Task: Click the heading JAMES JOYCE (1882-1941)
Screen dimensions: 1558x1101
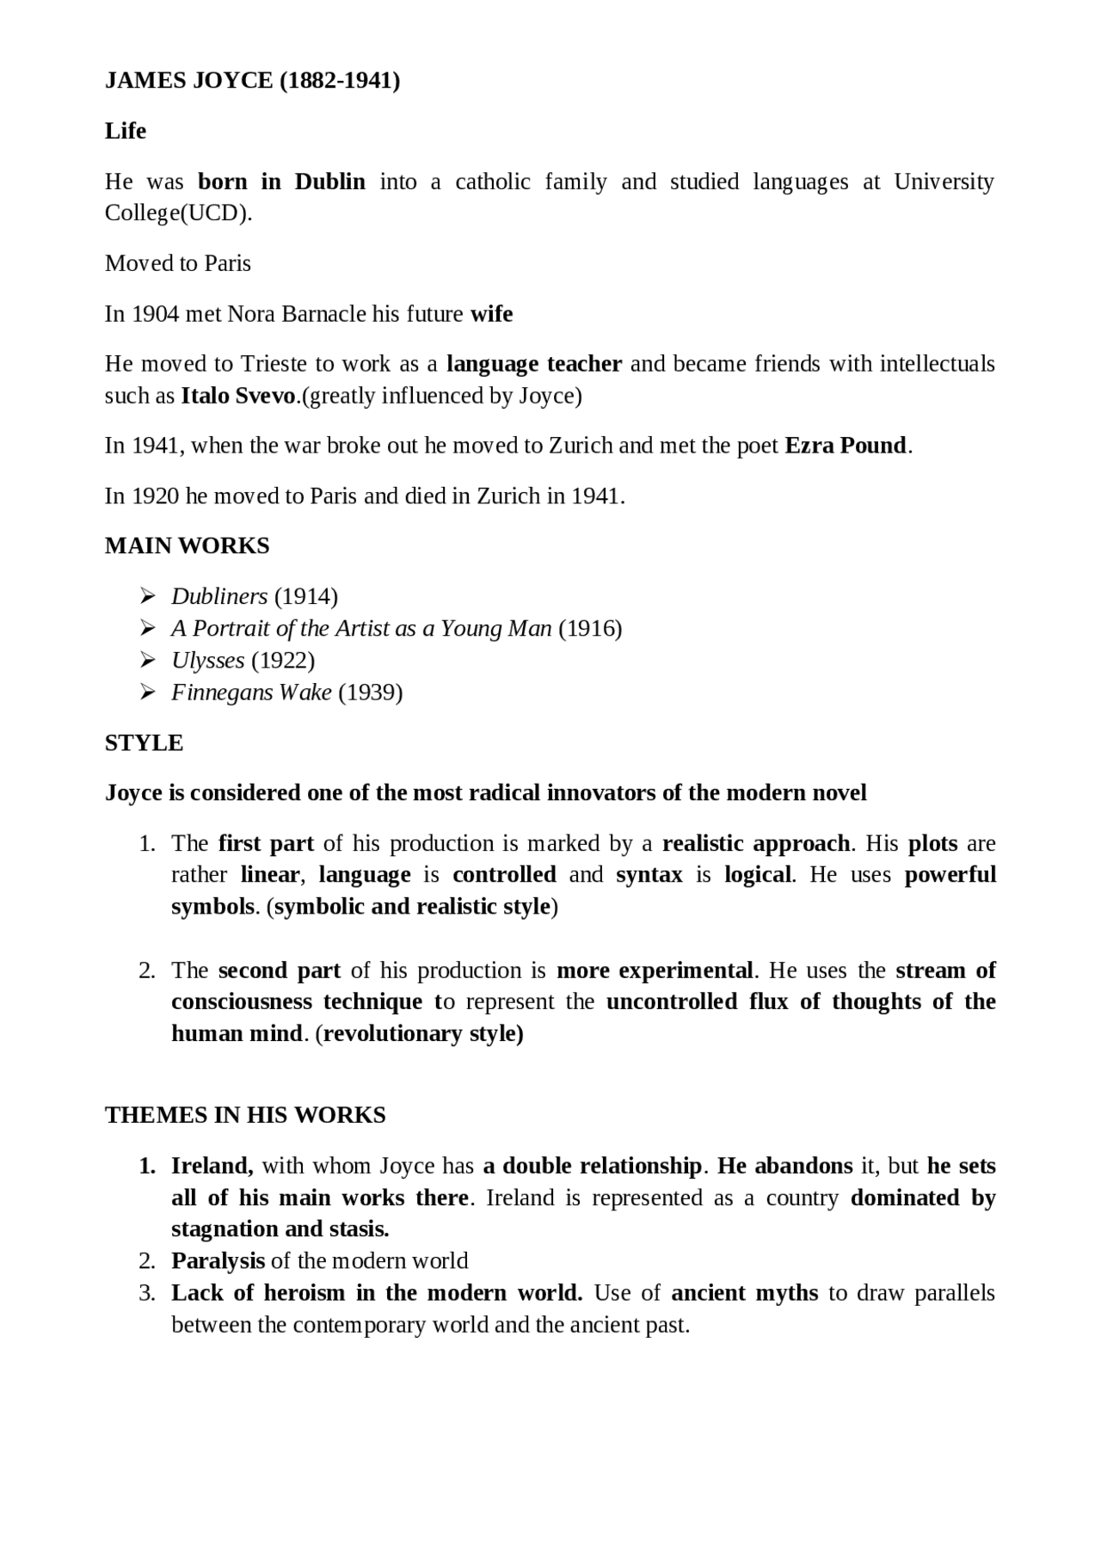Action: [x=252, y=81]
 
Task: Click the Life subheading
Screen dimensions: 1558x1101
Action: [x=126, y=131]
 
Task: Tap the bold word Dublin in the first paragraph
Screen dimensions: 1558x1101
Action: [x=329, y=182]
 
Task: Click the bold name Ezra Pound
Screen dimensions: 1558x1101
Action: [x=846, y=446]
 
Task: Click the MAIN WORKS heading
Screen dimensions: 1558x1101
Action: [x=187, y=546]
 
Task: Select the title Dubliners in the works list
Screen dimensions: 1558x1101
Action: [x=219, y=596]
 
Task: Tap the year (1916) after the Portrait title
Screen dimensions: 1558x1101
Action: [x=590, y=629]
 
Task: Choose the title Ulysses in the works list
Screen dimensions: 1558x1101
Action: [x=208, y=661]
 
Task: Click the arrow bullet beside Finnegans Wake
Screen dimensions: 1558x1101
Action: [x=147, y=693]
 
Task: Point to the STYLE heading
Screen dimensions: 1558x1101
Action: [x=144, y=743]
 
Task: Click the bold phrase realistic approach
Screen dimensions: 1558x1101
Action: [x=756, y=843]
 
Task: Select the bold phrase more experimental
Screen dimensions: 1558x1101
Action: [x=655, y=970]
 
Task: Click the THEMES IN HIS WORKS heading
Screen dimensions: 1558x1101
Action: [x=245, y=1116]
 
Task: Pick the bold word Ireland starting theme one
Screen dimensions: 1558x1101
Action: [x=212, y=1167]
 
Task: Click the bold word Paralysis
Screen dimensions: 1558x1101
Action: [x=218, y=1261]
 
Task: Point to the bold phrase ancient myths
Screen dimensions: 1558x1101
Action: [x=744, y=1293]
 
